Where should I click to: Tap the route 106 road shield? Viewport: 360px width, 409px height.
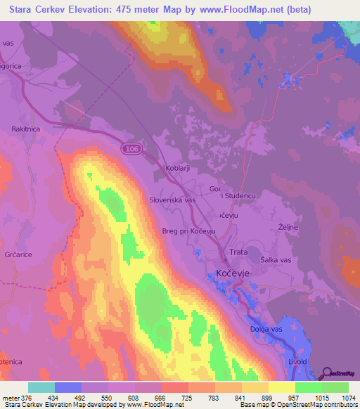point(129,149)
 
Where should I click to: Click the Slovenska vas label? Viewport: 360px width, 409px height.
point(172,200)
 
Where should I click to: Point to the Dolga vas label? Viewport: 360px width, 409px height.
point(265,328)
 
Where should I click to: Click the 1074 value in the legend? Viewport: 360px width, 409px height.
point(340,398)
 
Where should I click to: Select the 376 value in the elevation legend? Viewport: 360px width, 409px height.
point(27,398)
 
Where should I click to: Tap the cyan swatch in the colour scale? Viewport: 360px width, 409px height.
point(41,387)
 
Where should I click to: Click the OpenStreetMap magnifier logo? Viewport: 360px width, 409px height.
point(326,372)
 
